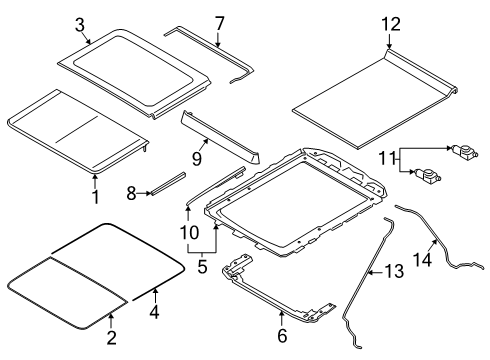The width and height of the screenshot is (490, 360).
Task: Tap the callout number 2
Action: click(111, 337)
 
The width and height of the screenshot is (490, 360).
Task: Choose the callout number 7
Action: click(219, 23)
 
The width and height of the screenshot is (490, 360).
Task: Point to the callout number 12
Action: click(388, 23)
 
